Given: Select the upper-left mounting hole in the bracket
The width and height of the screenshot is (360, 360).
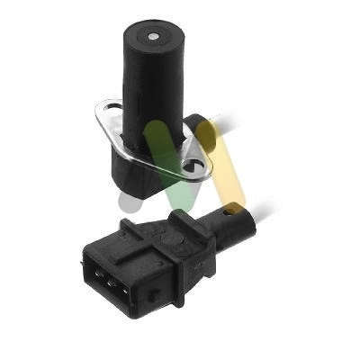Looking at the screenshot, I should (109, 113).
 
